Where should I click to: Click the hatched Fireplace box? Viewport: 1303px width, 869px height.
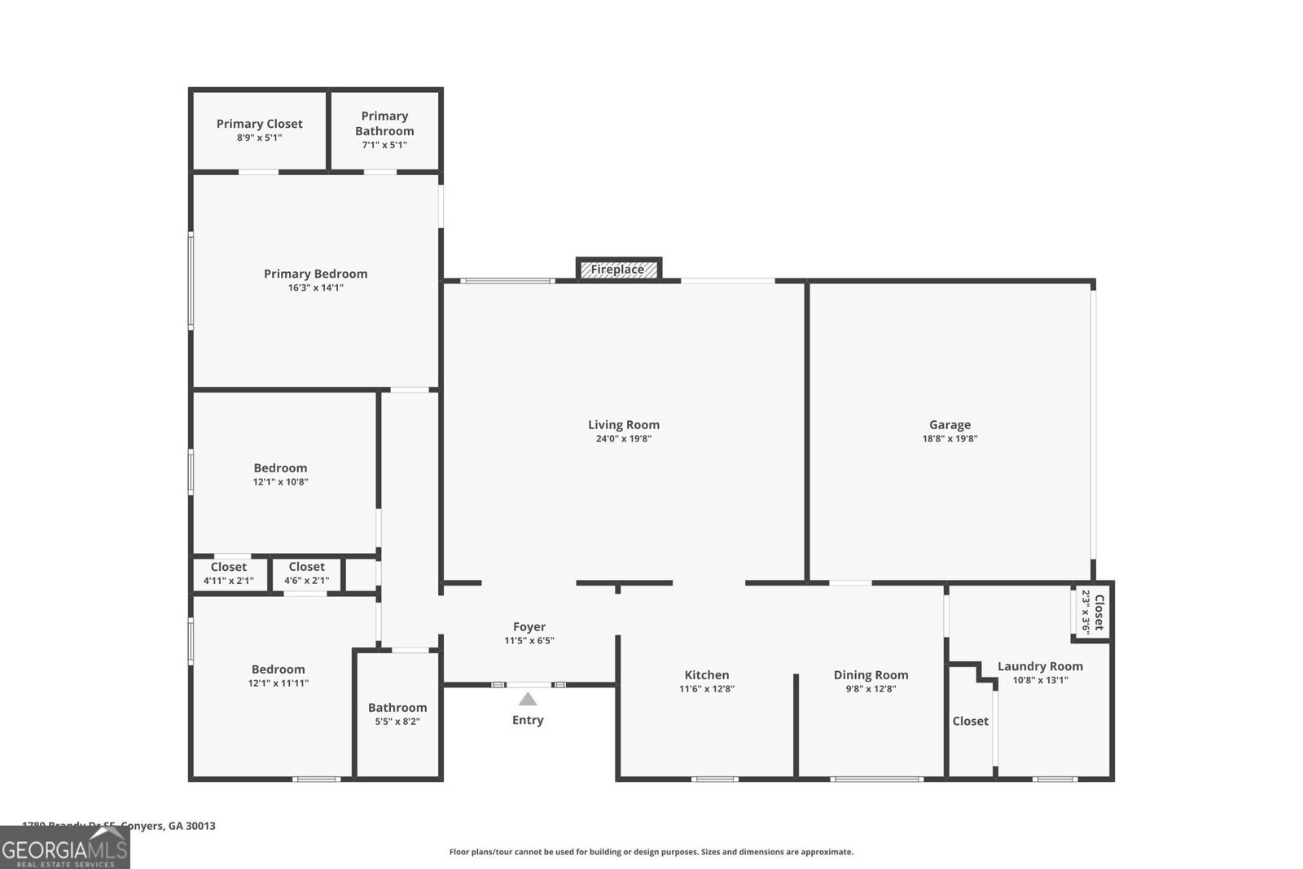tap(618, 270)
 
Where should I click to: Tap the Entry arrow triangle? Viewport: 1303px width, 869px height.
tap(528, 700)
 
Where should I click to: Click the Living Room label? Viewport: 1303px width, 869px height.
tap(624, 424)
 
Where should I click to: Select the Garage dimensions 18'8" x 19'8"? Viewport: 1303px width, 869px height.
tap(950, 439)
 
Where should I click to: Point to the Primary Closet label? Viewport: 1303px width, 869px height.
tap(259, 124)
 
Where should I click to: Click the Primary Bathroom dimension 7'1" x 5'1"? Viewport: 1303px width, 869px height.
tap(384, 145)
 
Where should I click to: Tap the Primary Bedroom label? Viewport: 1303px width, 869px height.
tap(315, 274)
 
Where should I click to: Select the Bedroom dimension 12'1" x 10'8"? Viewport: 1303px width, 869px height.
tap(280, 482)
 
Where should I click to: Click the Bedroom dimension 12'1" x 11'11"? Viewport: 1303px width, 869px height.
tap(279, 684)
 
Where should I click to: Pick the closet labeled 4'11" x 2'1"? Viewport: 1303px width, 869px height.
tap(229, 573)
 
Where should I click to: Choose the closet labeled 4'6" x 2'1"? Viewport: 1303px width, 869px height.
tap(306, 573)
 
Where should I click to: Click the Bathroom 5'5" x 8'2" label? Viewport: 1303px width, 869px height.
tap(397, 714)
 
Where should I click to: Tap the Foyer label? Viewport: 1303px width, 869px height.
tap(529, 626)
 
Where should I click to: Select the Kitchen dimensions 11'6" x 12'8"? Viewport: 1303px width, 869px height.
tap(707, 689)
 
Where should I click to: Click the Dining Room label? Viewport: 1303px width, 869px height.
tap(871, 674)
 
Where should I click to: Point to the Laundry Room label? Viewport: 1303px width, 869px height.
tap(1040, 666)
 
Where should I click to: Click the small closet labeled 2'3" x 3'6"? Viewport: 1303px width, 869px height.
tap(1092, 612)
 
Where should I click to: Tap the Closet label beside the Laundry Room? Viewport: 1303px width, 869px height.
tap(970, 721)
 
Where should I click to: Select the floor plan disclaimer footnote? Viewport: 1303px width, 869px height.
tap(651, 852)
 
